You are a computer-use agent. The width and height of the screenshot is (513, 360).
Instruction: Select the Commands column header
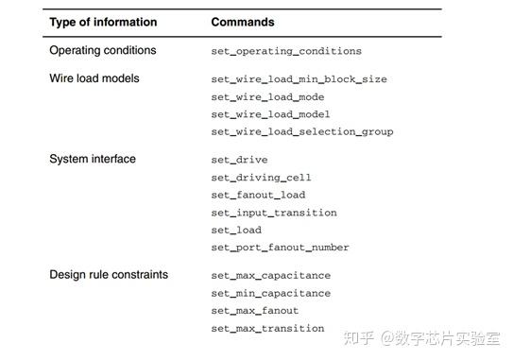tap(243, 22)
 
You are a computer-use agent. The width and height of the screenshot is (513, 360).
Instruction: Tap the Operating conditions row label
tap(102, 50)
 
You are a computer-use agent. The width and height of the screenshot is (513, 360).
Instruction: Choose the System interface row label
tap(92, 159)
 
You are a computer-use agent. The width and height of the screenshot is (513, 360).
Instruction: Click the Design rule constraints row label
tap(109, 275)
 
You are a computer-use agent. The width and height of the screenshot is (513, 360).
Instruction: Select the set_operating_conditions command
tap(286, 51)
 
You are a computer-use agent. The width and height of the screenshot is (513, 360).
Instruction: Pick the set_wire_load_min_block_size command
tap(299, 79)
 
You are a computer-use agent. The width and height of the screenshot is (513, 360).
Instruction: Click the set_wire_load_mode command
tap(267, 96)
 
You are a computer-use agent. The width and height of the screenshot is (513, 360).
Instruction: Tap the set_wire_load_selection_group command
tap(302, 131)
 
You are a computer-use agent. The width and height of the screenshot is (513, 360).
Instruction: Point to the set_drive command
tap(239, 160)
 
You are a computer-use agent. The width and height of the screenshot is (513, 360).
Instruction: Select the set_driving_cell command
tap(261, 177)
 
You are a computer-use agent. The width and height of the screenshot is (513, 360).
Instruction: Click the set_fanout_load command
tap(258, 195)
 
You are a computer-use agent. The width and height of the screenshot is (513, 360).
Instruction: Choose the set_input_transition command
tap(274, 213)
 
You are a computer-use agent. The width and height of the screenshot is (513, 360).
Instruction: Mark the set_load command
tap(236, 230)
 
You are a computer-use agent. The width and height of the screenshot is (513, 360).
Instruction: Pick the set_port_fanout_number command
tap(280, 248)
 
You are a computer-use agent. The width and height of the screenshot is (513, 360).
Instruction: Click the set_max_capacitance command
tap(270, 276)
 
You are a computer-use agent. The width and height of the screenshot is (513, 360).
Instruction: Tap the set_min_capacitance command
tap(270, 293)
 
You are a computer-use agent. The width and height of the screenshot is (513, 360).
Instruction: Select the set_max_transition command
tap(267, 329)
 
